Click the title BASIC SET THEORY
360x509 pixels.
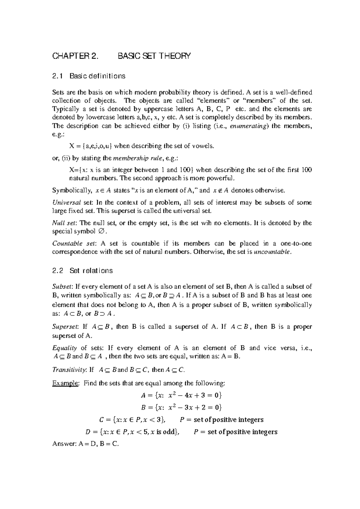click(154, 56)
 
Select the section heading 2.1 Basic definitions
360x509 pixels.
click(88, 76)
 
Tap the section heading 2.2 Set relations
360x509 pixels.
click(82, 271)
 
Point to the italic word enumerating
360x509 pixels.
click(248, 126)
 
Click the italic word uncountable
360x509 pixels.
click(272, 252)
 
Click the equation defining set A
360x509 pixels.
click(181, 395)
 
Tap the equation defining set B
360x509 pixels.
click(181, 408)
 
